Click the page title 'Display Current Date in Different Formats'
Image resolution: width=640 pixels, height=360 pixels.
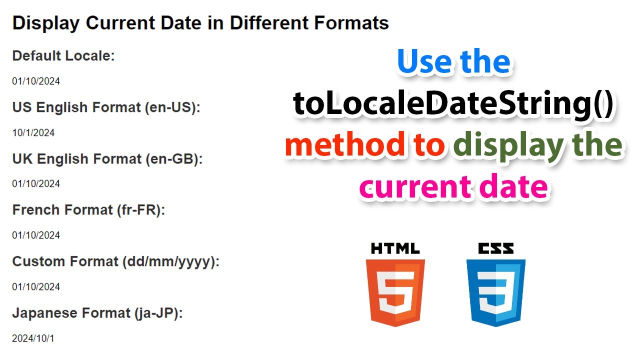(200, 23)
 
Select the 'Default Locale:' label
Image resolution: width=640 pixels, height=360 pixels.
(63, 55)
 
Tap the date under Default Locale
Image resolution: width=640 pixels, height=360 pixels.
(36, 81)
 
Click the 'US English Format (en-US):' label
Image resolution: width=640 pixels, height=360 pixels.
(106, 107)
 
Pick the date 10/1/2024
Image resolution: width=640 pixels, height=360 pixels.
(33, 132)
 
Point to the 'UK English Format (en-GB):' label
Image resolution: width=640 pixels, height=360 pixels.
(107, 158)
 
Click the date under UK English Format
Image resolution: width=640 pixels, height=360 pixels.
(36, 183)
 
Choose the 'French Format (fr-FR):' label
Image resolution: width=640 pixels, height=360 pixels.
(88, 210)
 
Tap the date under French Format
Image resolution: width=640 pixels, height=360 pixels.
(36, 235)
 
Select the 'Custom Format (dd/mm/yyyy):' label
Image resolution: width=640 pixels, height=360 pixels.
(116, 261)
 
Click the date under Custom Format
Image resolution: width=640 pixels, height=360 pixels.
(36, 286)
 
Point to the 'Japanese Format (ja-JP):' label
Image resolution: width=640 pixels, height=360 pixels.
(97, 313)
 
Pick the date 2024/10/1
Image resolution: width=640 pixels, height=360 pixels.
(33, 338)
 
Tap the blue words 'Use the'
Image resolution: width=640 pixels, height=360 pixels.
(453, 62)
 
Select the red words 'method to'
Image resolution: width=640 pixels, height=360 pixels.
(365, 145)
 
